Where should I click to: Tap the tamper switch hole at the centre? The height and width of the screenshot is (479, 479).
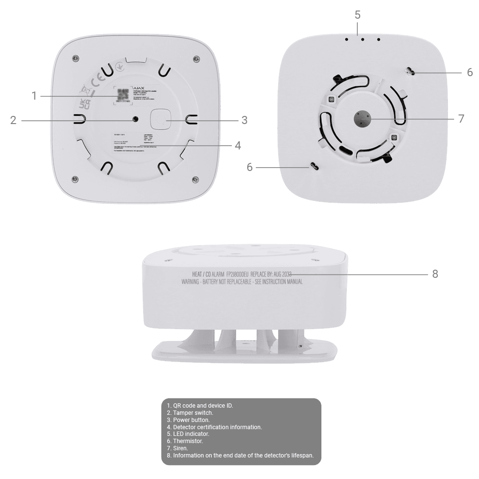click(x=136, y=119)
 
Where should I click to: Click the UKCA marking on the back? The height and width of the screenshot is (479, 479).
click(x=84, y=105)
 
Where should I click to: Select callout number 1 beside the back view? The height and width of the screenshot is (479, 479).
click(x=34, y=96)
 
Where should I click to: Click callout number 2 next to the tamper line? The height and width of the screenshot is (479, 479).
click(x=13, y=120)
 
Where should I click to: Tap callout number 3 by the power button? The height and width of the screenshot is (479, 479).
click(x=244, y=120)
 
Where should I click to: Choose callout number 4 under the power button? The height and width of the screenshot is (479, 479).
click(x=238, y=145)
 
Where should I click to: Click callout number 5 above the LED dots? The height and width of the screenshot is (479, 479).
click(x=358, y=14)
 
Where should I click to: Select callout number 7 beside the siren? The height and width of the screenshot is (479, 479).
click(x=461, y=119)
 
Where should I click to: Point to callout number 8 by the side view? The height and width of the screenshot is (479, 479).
click(x=435, y=274)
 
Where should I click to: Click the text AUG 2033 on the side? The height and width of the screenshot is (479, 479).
click(x=282, y=274)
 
